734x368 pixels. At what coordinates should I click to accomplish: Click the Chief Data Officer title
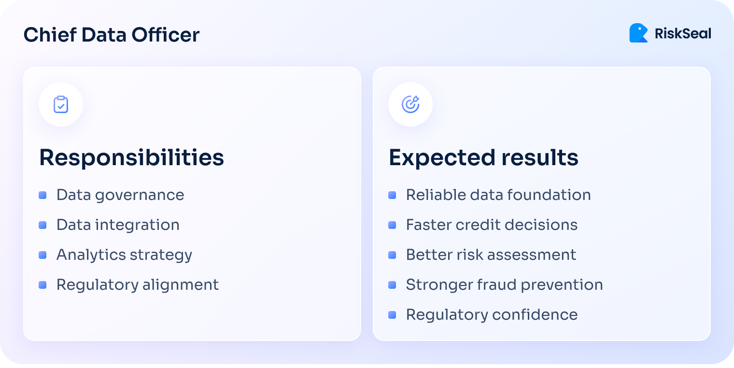pos(112,35)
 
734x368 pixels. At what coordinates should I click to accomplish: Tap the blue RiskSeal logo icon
pos(638,33)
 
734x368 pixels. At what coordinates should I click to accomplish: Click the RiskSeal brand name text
pos(683,34)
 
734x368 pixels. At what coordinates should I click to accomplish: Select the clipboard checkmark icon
pos(61,104)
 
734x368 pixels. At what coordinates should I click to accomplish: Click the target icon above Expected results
pos(410,104)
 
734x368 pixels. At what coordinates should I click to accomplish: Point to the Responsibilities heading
pos(131,157)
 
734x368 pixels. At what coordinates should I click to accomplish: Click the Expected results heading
pos(483,157)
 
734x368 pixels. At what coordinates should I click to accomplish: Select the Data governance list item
pos(120,195)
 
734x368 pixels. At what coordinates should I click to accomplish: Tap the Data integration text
pos(118,225)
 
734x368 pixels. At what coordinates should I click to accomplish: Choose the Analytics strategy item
pos(124,255)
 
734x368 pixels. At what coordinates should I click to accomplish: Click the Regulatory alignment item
pos(138,284)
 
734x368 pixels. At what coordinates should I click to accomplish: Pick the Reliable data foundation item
pos(498,195)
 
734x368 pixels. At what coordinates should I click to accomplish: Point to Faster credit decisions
pos(492,225)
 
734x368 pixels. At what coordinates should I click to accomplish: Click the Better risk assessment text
pos(491,255)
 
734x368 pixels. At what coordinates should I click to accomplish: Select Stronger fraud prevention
pos(504,284)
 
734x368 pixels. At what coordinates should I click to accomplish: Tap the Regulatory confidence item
pos(492,314)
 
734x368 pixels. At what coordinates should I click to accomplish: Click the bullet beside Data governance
pos(42,195)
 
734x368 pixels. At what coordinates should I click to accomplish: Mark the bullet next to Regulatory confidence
pos(392,315)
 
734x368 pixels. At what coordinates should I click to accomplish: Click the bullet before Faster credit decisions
pos(392,225)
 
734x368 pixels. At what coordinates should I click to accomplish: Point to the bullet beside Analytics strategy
pos(42,255)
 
